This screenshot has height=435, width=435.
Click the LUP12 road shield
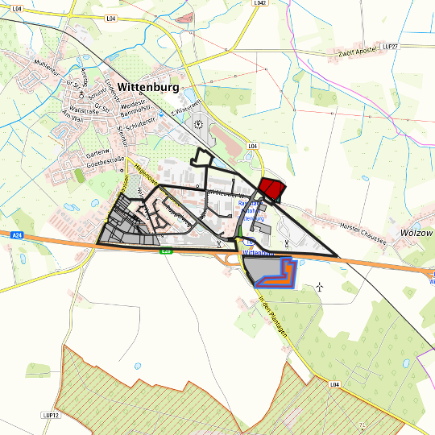tap(50, 416)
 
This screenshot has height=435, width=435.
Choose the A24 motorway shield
tap(16, 234)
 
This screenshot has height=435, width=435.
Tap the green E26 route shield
tap(166, 251)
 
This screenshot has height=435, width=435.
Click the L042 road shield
tap(259, 3)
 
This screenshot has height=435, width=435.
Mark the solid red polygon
tap(271, 188)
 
